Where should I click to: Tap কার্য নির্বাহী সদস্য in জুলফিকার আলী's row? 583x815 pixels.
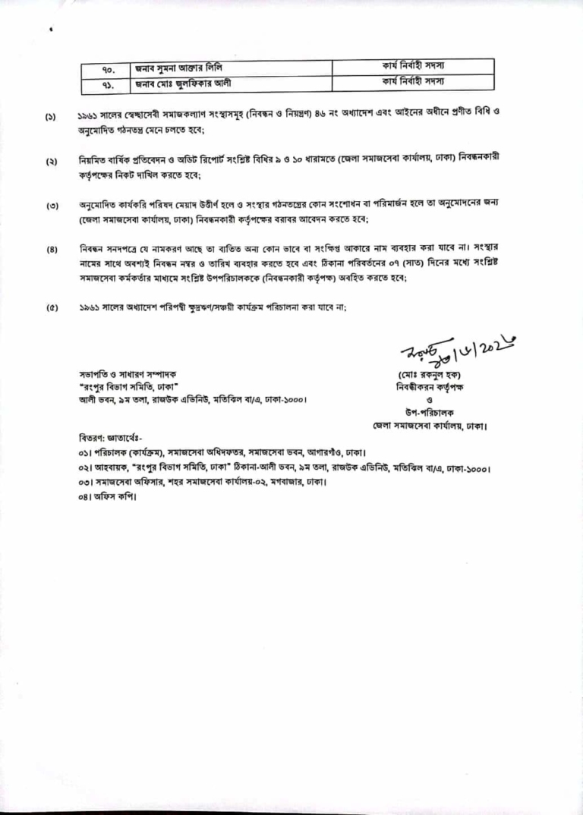pyautogui.click(x=413, y=81)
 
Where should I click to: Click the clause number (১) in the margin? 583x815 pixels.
pyautogui.click(x=50, y=118)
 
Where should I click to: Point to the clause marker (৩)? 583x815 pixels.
pyautogui.click(x=50, y=206)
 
